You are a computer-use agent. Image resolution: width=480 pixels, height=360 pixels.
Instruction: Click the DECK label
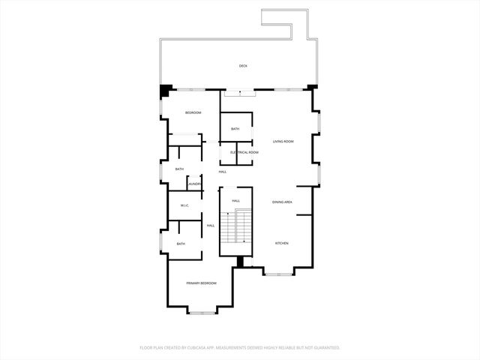(243, 66)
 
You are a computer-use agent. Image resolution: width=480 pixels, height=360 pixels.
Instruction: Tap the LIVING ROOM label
(283, 142)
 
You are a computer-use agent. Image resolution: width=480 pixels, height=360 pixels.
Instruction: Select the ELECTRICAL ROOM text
(244, 152)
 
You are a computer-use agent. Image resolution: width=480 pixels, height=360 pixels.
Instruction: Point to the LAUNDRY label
(194, 184)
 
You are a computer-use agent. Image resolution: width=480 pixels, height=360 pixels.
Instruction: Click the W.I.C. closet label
(184, 205)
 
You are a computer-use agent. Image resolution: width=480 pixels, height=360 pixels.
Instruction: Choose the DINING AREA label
(282, 202)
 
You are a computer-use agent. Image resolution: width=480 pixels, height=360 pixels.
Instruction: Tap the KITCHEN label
(281, 243)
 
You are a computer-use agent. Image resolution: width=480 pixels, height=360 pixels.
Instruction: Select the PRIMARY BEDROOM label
(201, 283)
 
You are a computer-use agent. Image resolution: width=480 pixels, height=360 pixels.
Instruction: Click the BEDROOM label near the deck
(193, 112)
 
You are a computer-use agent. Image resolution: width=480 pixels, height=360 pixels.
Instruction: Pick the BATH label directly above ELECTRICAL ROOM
(235, 129)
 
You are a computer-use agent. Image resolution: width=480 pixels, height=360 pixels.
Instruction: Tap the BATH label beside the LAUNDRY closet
(179, 169)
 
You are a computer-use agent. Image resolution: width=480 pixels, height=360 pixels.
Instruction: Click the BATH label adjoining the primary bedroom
(181, 244)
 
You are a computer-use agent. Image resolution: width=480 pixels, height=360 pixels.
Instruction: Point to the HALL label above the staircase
(235, 201)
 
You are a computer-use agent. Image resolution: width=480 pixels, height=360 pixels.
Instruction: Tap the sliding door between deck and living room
(239, 91)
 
